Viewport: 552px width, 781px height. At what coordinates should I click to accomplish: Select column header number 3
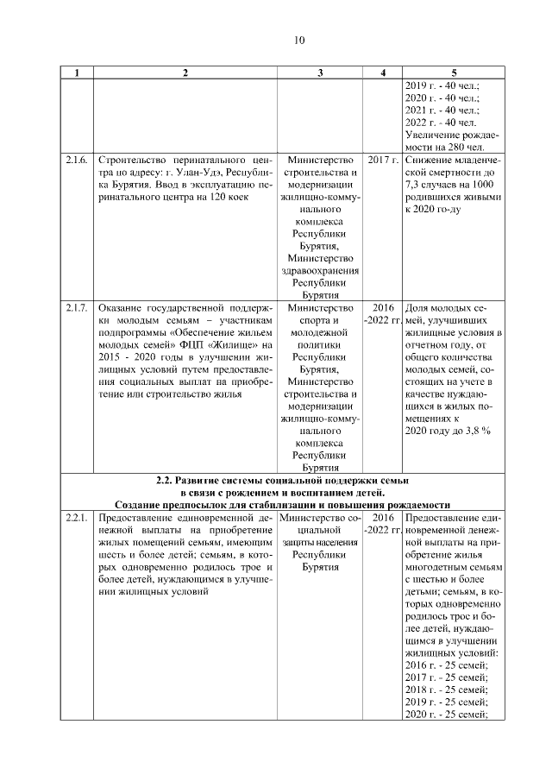tap(320, 72)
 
